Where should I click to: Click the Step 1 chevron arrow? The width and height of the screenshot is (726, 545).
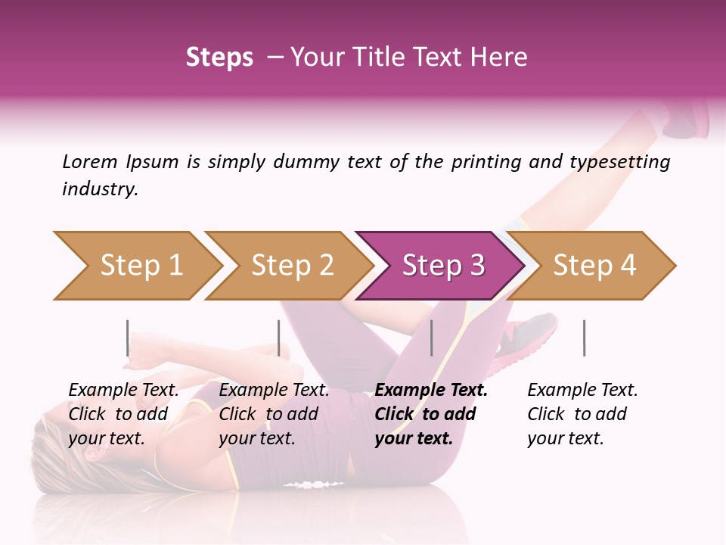140,266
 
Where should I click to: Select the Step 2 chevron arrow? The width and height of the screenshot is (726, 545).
291,266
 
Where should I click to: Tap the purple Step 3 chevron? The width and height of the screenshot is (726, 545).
442,266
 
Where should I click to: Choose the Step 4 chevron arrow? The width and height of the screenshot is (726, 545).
594,266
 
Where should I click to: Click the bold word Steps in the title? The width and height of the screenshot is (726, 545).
219,58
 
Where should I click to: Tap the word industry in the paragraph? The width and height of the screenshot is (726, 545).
99,189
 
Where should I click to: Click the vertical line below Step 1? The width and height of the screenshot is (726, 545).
127,338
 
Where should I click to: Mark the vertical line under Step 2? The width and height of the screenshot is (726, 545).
279,338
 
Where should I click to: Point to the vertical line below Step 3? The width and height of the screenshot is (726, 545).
432,338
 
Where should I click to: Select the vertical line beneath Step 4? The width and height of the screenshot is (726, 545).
584,338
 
